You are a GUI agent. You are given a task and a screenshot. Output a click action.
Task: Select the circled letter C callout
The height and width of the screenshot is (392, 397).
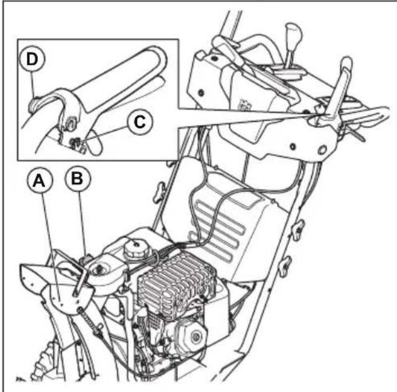click(x=138, y=122)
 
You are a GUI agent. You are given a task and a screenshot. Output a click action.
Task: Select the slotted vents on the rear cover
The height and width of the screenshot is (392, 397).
click(x=218, y=219)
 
